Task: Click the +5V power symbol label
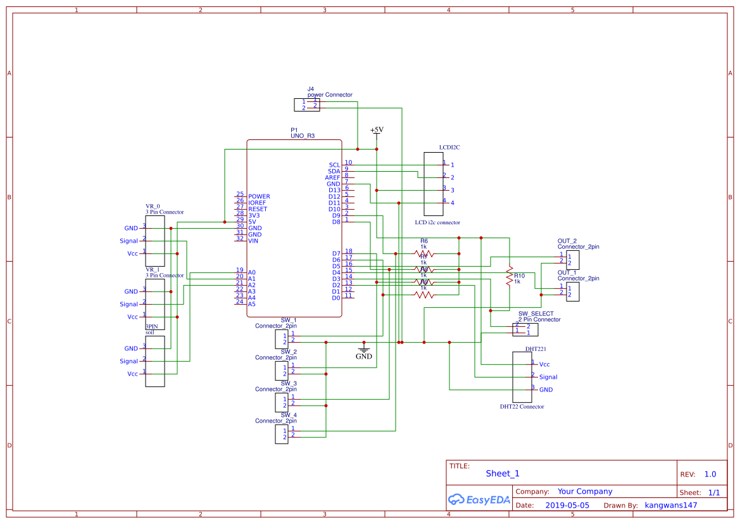click(x=377, y=130)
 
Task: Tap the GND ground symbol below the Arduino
click(x=363, y=352)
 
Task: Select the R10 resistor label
click(x=519, y=276)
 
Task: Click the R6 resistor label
click(x=424, y=241)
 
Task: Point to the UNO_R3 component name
click(x=302, y=136)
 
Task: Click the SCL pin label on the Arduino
click(x=334, y=165)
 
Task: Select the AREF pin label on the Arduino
click(x=332, y=177)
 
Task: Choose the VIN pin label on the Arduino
click(x=253, y=241)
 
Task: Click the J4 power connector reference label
click(x=310, y=89)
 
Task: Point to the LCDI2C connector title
click(x=449, y=147)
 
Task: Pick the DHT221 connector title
click(x=536, y=349)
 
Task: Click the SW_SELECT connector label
click(x=536, y=314)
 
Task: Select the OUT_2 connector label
click(x=567, y=241)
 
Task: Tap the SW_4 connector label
click(x=289, y=415)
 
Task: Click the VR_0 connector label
click(x=153, y=207)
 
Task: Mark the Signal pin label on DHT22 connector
click(x=548, y=377)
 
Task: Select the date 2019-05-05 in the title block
click(x=567, y=506)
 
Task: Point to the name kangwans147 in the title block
click(x=670, y=506)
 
